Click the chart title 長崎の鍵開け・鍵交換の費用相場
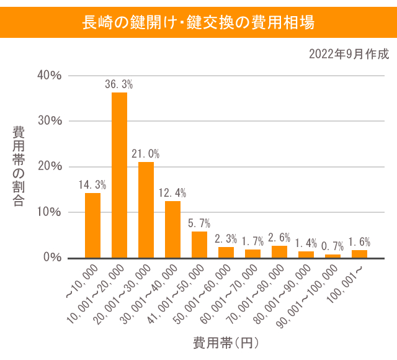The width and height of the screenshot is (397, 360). click(x=198, y=23)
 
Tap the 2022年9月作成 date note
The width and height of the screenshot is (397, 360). click(x=349, y=54)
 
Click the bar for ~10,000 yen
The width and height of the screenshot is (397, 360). click(x=92, y=225)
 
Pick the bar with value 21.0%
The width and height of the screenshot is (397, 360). click(x=146, y=210)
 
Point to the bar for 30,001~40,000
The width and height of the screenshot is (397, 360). click(x=172, y=229)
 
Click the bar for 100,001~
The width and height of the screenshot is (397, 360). click(x=359, y=254)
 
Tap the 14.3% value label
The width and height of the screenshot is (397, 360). click(x=92, y=184)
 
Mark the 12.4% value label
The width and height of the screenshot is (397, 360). click(x=172, y=192)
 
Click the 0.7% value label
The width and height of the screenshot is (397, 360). click(x=332, y=246)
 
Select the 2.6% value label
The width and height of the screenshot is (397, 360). click(x=279, y=238)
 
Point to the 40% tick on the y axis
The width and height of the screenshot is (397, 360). click(x=50, y=75)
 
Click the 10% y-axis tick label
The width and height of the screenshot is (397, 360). click(x=50, y=212)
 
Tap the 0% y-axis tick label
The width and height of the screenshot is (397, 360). click(x=52, y=257)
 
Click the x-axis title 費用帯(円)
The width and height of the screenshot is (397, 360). click(x=225, y=343)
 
